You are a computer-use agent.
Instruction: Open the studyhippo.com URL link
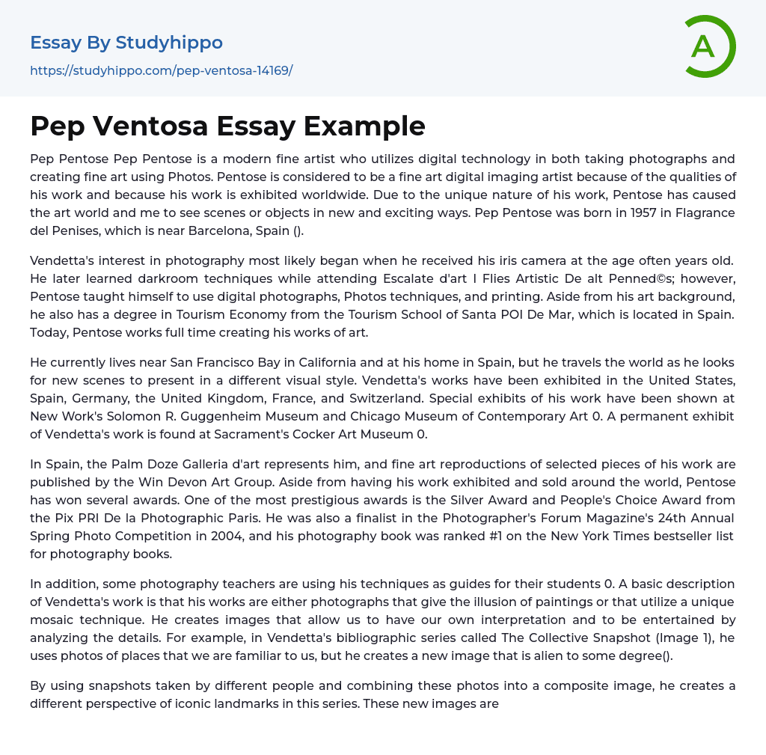click(x=161, y=71)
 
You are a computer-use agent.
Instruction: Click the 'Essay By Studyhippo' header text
click(x=126, y=43)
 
